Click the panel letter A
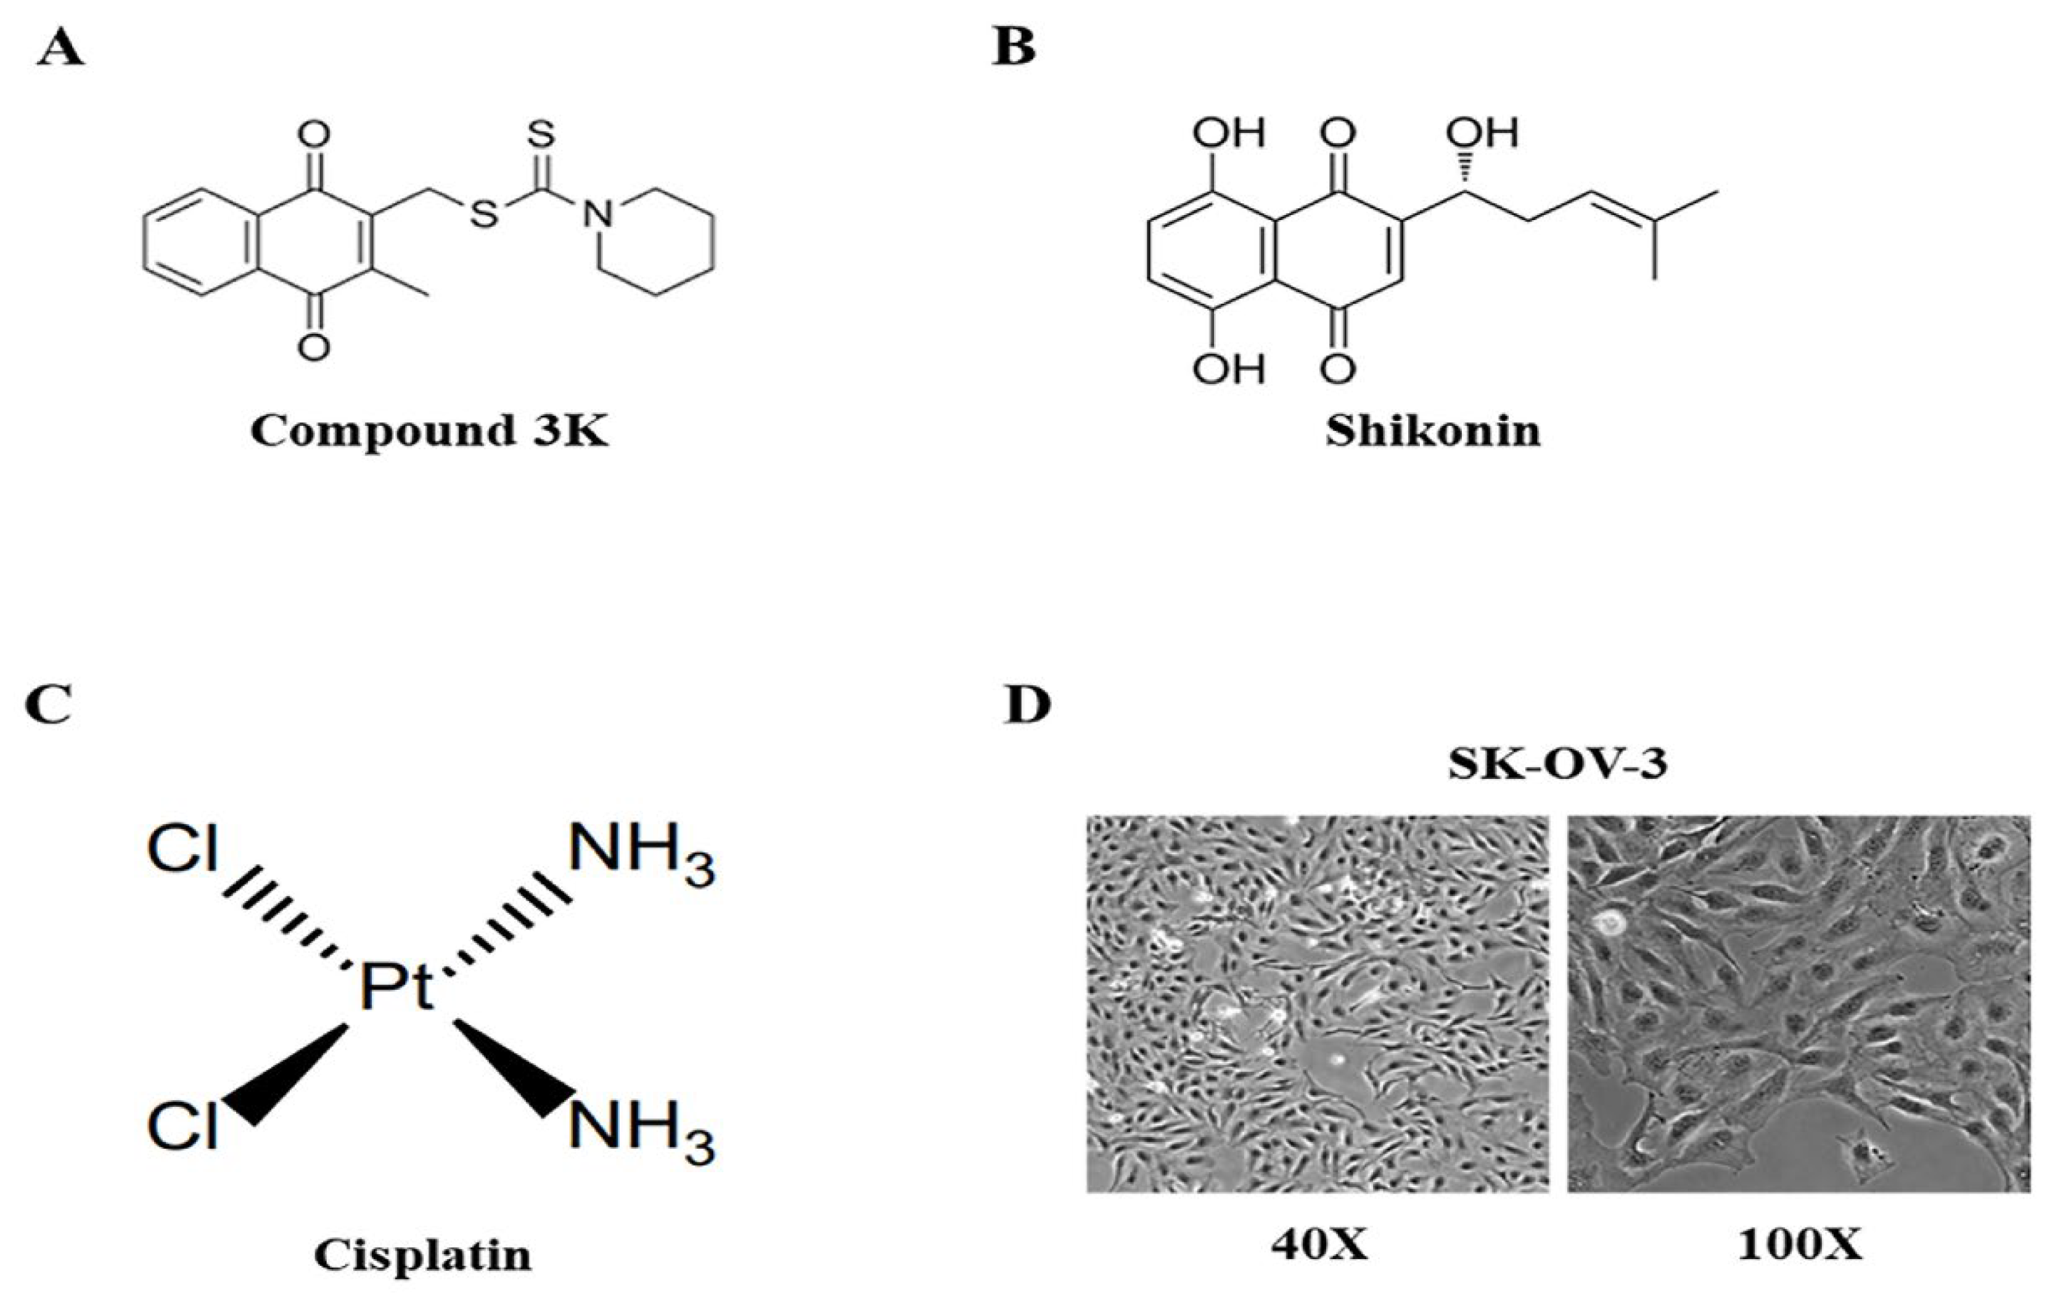pos(60,51)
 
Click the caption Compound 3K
pos(429,431)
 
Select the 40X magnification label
pos(1319,1246)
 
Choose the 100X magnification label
pos(1801,1246)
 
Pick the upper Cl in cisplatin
pos(183,850)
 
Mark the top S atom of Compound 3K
pos(543,134)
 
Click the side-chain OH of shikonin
pos(1482,133)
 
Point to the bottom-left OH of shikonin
pos(1229,369)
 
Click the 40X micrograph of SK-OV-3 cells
pos(1318,1003)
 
